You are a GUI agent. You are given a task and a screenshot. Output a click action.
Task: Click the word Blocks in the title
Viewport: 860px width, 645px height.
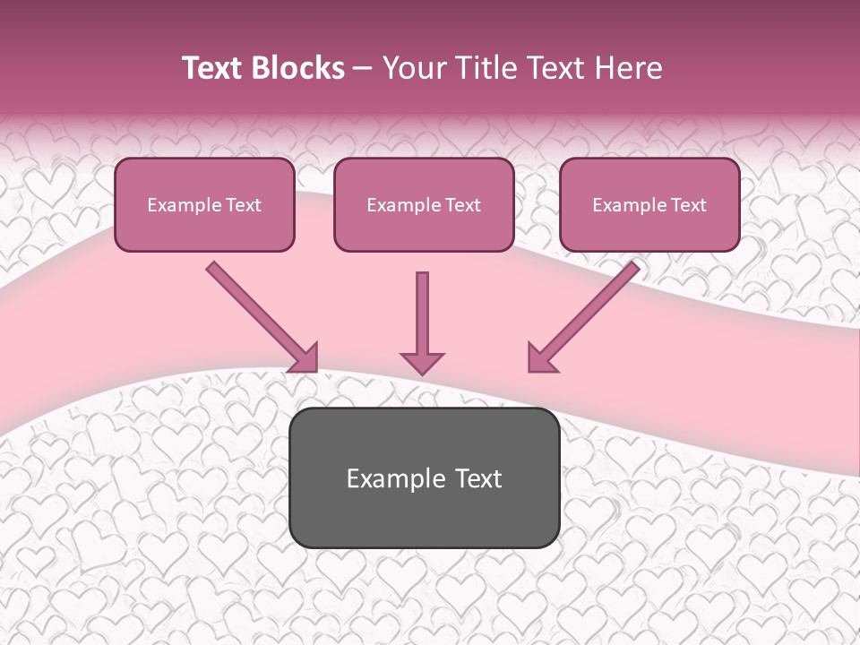(298, 68)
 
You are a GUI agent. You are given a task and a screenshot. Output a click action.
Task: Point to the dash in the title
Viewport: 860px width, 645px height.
(363, 68)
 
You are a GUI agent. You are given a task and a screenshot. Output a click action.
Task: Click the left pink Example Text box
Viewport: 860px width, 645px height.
(204, 205)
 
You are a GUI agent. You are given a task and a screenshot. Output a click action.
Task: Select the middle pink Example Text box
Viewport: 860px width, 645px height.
(424, 205)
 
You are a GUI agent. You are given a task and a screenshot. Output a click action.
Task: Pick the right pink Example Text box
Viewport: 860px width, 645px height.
(649, 205)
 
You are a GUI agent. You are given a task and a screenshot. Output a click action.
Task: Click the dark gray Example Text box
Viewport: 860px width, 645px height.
(424, 478)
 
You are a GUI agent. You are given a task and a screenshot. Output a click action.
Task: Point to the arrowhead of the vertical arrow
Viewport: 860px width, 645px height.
(422, 363)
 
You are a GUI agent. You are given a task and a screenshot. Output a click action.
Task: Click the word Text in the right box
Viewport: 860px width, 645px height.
(688, 205)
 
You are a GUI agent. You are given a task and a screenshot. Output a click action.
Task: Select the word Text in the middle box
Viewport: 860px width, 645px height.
(462, 205)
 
